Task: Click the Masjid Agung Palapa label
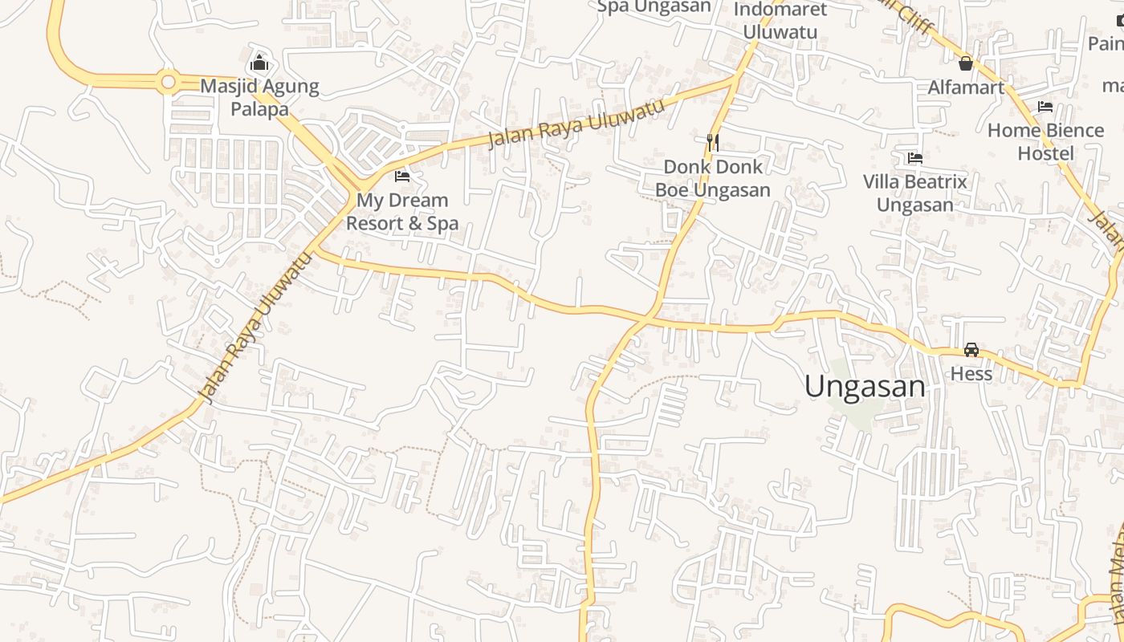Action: (259, 97)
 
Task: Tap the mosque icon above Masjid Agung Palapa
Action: (259, 62)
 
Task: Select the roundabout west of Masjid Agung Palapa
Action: (167, 81)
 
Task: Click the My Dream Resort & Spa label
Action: (402, 212)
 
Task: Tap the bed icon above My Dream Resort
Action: (402, 176)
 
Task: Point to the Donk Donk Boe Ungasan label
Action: (713, 178)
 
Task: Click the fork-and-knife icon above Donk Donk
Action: (712, 142)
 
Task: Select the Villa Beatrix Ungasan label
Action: (915, 193)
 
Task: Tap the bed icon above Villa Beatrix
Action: (914, 158)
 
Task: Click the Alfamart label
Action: (966, 87)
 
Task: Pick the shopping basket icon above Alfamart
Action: (966, 63)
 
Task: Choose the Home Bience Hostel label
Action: (1045, 141)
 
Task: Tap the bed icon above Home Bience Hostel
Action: (1045, 106)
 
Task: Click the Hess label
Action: (971, 374)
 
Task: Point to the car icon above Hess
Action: (971, 350)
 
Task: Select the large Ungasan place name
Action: (865, 387)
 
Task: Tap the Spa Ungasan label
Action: (654, 7)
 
